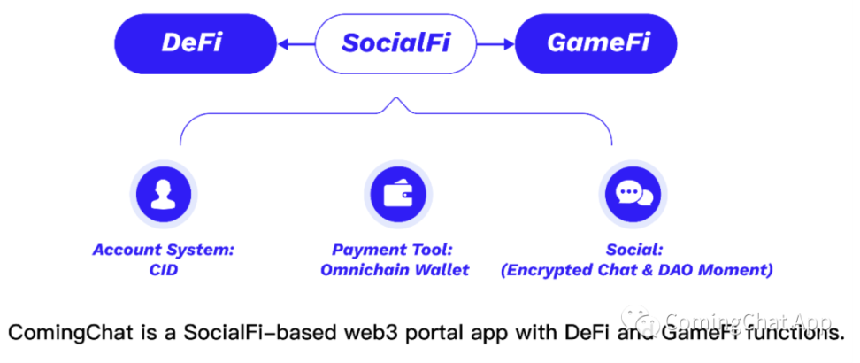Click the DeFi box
click(192, 42)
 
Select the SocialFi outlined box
click(395, 42)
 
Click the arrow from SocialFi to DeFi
click(295, 42)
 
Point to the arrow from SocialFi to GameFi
click(495, 42)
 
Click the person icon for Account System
click(163, 194)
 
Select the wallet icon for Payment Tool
click(395, 194)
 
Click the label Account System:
click(164, 250)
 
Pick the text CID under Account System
click(164, 270)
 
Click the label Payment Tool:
click(395, 250)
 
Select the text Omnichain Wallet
click(395, 270)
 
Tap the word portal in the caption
click(428, 333)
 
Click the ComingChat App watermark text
click(749, 321)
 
